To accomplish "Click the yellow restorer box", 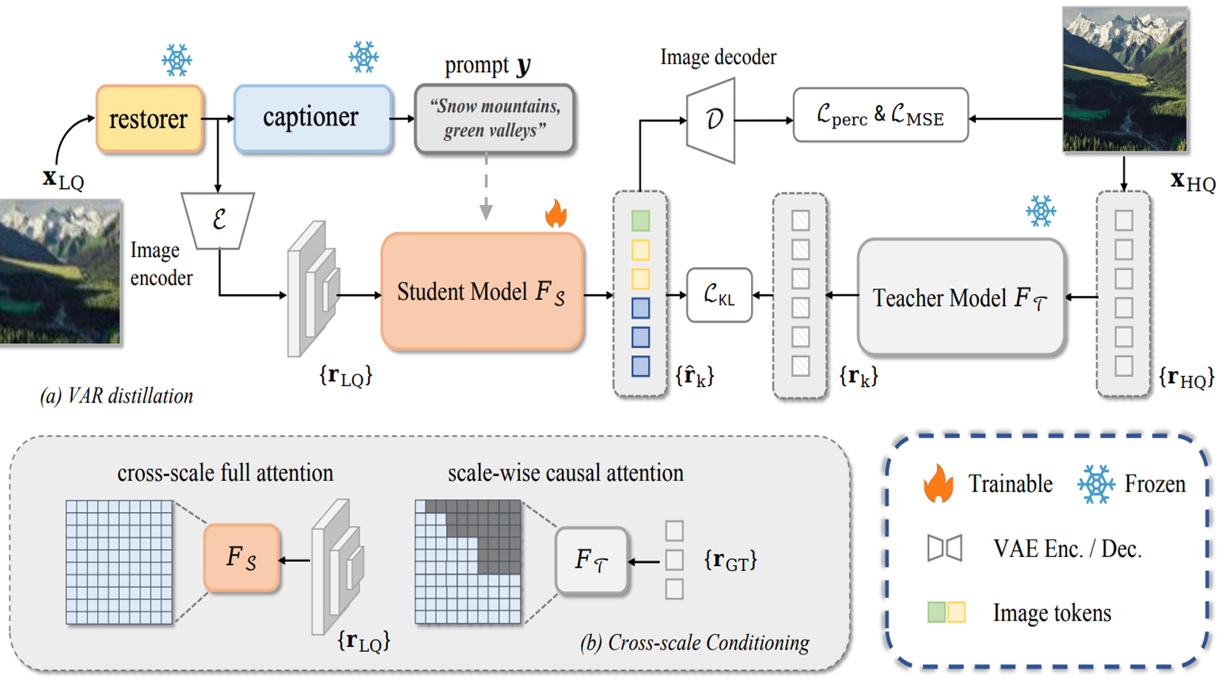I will point(149,119).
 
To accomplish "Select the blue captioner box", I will point(312,119).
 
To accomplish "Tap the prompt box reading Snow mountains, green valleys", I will point(494,119).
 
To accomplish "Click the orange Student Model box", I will point(481,292).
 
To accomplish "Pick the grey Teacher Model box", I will point(960,297).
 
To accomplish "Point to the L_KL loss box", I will point(719,295).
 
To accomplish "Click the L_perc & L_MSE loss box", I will point(880,115).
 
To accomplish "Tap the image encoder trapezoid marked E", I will point(218,219).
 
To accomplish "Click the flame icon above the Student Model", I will point(556,214).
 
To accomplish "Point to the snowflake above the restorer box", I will point(176,60).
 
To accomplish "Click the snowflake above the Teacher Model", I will point(1040,211).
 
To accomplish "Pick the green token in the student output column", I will point(640,221).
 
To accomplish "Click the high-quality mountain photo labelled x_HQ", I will point(1125,79).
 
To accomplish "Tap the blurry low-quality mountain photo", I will point(60,271).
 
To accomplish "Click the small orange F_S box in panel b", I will point(242,558).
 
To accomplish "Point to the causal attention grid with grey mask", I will point(468,562).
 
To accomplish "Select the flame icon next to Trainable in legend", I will point(938,483).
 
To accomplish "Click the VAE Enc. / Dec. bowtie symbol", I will point(944,548).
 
